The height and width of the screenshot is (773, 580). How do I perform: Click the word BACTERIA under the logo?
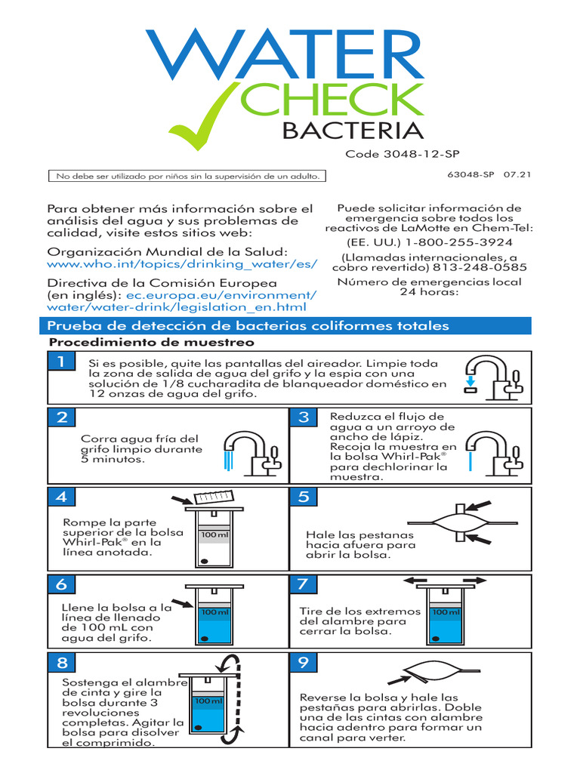point(352,130)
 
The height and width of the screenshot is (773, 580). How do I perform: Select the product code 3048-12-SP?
point(402,154)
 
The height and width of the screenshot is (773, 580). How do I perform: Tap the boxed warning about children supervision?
point(187,176)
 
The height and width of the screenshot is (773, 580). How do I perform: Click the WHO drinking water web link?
point(182,265)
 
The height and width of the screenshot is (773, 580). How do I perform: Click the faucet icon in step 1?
point(490,375)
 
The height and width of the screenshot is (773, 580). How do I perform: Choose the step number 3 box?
point(304,417)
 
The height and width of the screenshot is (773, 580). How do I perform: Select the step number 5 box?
point(304,496)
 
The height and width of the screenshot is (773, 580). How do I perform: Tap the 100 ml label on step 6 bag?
point(211,612)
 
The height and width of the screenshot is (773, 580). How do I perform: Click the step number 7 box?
point(304,584)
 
